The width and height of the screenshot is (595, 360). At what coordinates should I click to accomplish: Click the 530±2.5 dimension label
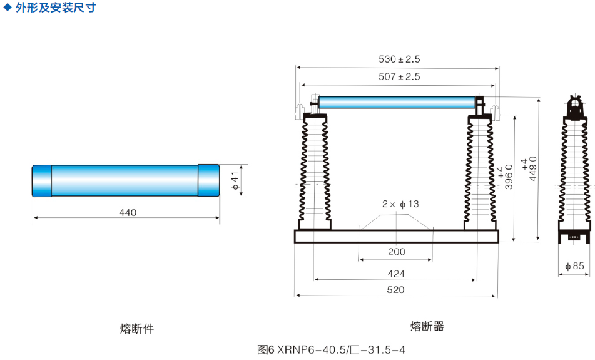click(x=399, y=59)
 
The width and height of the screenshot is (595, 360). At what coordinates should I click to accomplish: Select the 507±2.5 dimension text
click(x=399, y=77)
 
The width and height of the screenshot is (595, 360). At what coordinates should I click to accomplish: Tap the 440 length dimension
click(x=128, y=213)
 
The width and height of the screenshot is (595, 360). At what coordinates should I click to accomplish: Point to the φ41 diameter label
click(x=235, y=181)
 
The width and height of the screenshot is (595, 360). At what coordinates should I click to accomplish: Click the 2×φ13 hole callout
click(x=400, y=204)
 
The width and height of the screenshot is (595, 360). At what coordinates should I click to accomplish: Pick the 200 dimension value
click(x=397, y=252)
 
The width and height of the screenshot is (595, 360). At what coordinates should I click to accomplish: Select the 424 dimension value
click(x=396, y=274)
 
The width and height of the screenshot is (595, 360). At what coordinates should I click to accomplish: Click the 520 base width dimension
click(x=395, y=290)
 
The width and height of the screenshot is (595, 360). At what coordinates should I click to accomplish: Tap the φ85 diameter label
click(x=574, y=266)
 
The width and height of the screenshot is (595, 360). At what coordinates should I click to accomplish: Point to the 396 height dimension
click(x=506, y=177)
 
